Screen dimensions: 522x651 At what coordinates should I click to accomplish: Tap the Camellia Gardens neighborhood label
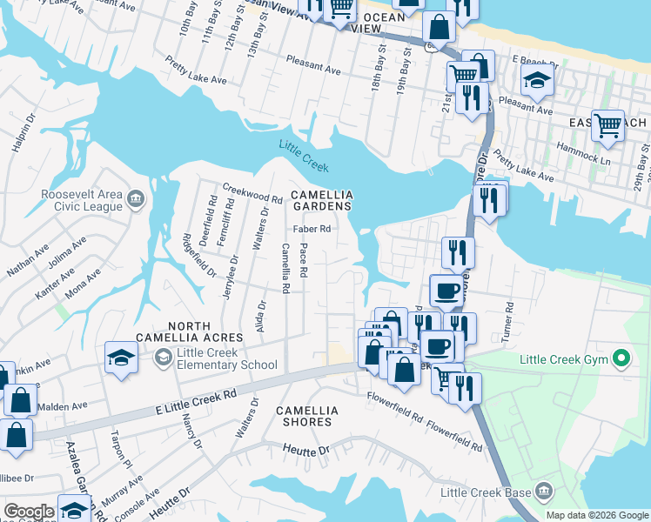[x=321, y=200]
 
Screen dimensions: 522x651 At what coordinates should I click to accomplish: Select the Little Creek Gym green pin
[x=621, y=358]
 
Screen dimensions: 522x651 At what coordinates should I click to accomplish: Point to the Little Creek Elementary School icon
[x=163, y=358]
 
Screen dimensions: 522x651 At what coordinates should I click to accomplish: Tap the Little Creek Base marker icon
[x=544, y=492]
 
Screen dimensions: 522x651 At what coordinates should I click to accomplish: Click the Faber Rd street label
[x=312, y=230]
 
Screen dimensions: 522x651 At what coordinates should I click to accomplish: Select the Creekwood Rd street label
[x=252, y=192]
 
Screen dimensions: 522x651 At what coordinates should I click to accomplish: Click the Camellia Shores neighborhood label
[x=304, y=415]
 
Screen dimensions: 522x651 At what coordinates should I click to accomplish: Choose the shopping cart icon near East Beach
[x=607, y=124]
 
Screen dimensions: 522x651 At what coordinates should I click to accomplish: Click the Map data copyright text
[x=596, y=515]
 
